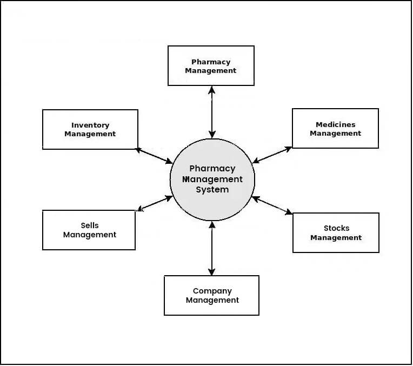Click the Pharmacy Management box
[211, 65]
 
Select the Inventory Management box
[90, 129]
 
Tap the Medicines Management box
[335, 128]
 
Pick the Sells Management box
[89, 230]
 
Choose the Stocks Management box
[336, 232]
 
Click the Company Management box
[211, 295]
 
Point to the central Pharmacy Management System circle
[212, 179]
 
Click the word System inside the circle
[212, 190]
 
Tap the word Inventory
[90, 125]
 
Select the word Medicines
[336, 124]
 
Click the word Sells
[90, 225]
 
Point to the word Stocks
[336, 228]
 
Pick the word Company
[212, 291]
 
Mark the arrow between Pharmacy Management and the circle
[212, 112]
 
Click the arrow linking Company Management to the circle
[212, 248]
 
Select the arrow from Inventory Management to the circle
[154, 156]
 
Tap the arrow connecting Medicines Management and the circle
[272, 155]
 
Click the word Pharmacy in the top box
[211, 62]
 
